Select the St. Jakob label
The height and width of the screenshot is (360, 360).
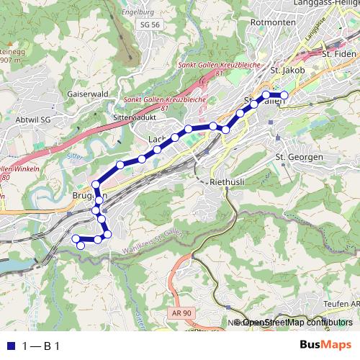point(287,71)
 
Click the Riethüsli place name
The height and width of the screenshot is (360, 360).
point(228,182)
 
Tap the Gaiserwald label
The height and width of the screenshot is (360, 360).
point(87,94)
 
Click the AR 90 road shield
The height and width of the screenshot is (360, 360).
point(182,312)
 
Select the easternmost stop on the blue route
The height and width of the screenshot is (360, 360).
point(284,95)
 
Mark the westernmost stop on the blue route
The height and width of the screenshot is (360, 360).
point(75,238)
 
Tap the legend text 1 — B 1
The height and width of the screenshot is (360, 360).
point(41,346)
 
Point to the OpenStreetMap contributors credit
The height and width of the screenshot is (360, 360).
point(294,322)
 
